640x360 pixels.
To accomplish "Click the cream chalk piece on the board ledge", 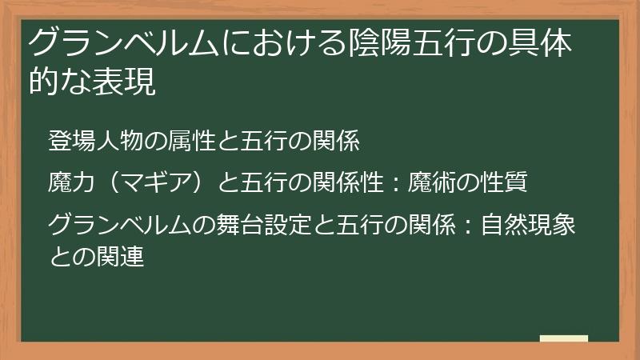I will [x=564, y=338].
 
